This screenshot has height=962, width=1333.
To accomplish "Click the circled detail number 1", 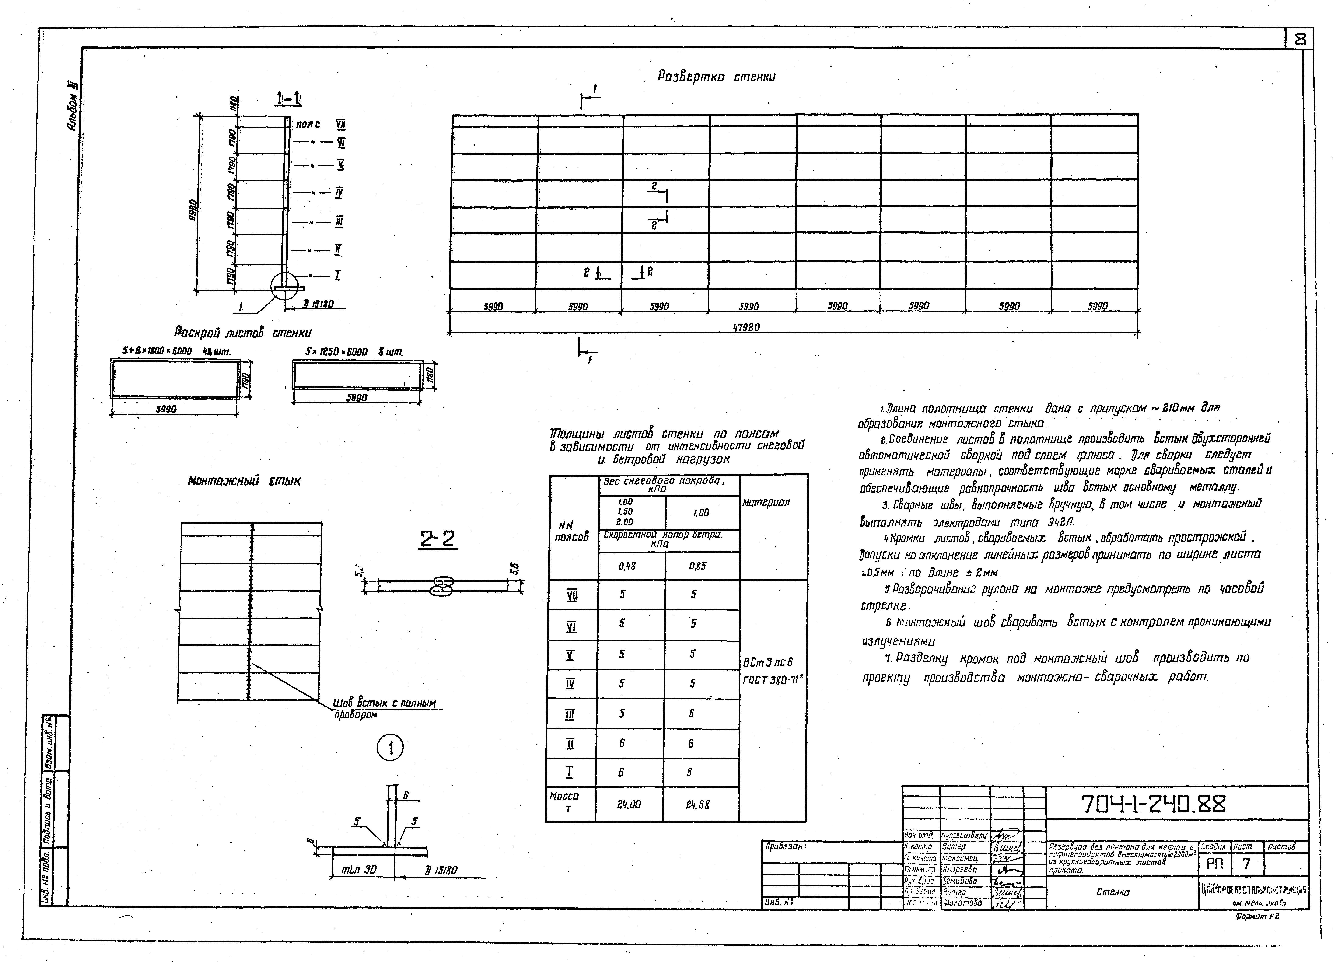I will [390, 748].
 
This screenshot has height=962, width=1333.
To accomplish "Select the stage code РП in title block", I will [1214, 863].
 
